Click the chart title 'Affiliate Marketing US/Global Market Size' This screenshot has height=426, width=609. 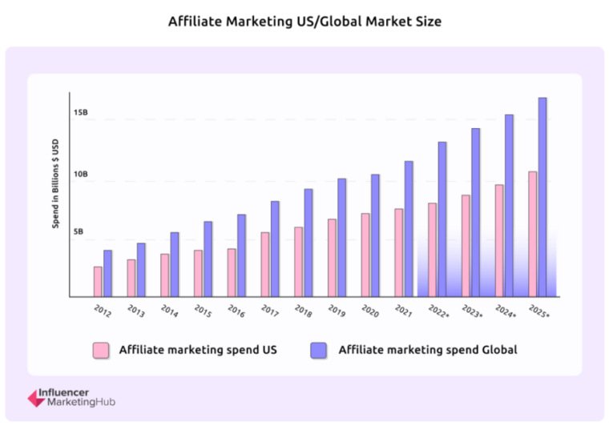[x=304, y=22]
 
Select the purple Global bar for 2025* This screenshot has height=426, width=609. [x=542, y=197]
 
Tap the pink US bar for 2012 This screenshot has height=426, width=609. [x=98, y=281]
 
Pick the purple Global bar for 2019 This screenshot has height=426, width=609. [x=341, y=237]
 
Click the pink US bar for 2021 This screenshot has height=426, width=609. [x=398, y=252]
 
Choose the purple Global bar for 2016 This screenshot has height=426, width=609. [x=241, y=255]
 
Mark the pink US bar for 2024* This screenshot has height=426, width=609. [x=499, y=240]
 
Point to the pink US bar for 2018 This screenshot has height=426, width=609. [x=298, y=261]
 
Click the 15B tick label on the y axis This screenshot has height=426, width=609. [x=80, y=113]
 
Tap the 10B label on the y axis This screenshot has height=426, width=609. [x=80, y=175]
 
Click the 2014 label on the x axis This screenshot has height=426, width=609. [x=169, y=311]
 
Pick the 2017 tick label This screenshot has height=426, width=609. [x=270, y=311]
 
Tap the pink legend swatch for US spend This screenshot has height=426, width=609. [x=101, y=349]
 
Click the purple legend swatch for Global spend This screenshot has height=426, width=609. [x=318, y=349]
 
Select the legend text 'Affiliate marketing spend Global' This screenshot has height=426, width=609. [x=428, y=349]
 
